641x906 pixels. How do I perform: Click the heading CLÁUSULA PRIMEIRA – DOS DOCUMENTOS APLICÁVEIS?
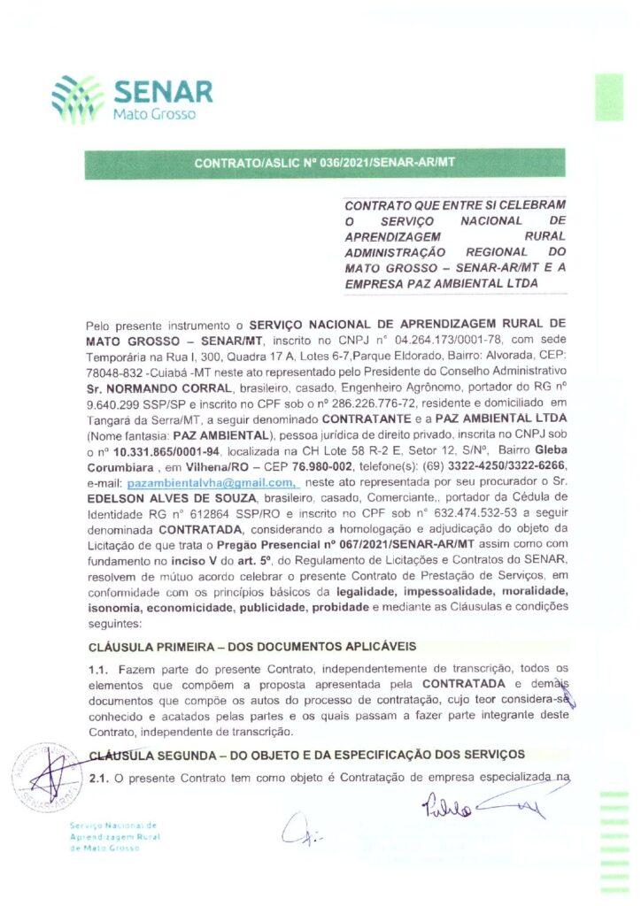point(252,648)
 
